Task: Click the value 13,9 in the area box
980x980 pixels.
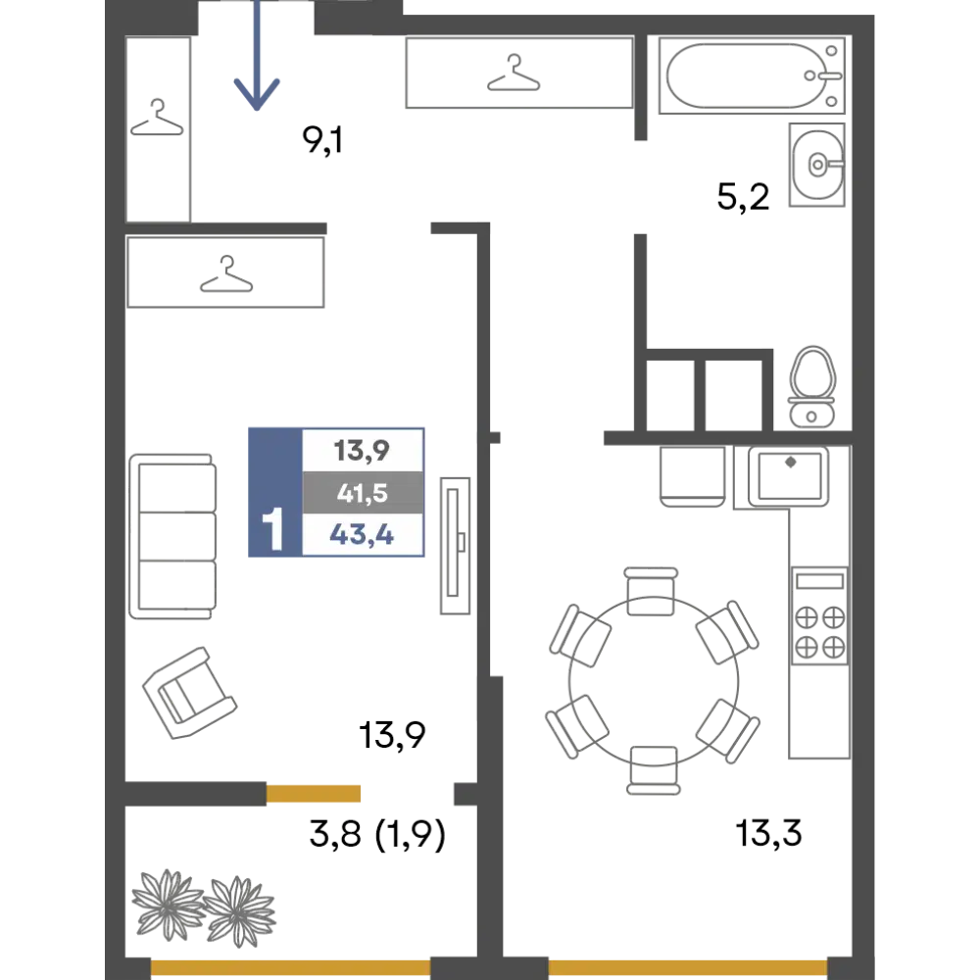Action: pyautogui.click(x=362, y=452)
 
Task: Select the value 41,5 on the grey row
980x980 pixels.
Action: pyautogui.click(x=362, y=494)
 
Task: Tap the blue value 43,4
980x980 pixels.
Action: pyautogui.click(x=362, y=536)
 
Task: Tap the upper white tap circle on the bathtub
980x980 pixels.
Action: pyautogui.click(x=831, y=51)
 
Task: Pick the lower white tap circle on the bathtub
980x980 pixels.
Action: pyautogui.click(x=831, y=101)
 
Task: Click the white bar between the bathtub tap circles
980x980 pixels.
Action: pyautogui.click(x=829, y=75)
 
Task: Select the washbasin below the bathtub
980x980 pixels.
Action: pyautogui.click(x=816, y=165)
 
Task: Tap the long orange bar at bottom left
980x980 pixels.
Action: pyautogui.click(x=290, y=966)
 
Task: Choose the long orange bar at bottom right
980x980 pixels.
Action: pyautogui.click(x=687, y=964)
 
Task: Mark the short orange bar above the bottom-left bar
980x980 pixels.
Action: pyautogui.click(x=357, y=793)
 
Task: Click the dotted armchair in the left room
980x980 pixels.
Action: pyautogui.click(x=189, y=692)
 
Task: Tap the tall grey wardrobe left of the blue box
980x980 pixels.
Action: pyautogui.click(x=172, y=534)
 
